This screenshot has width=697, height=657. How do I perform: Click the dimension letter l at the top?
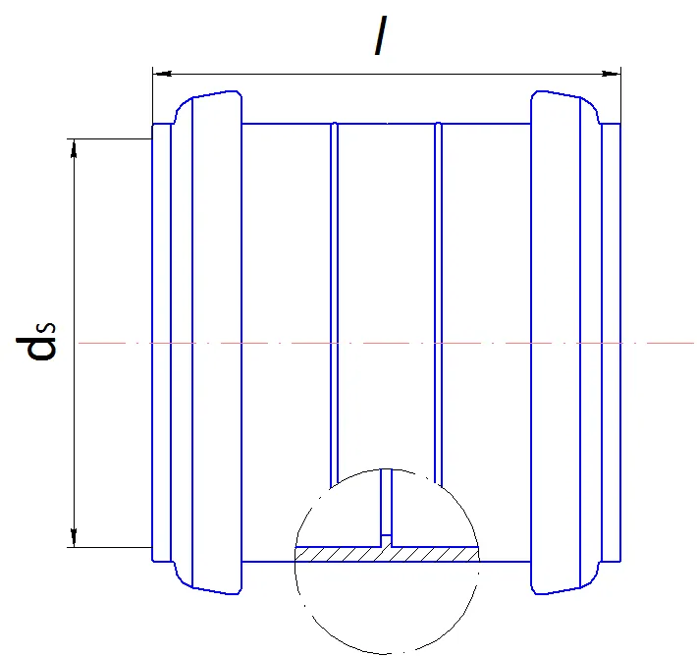tap(381, 35)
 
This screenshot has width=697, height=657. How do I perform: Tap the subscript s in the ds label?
tap(49, 327)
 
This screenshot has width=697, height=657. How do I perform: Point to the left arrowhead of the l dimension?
tap(162, 74)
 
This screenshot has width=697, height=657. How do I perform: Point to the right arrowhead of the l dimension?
tap(611, 74)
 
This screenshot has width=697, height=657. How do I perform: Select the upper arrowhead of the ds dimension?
tap(74, 148)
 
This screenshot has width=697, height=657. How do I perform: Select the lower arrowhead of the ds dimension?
tap(74, 538)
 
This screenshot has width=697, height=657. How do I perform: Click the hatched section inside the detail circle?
tap(387, 554)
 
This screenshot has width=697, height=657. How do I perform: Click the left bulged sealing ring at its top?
tap(209, 94)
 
